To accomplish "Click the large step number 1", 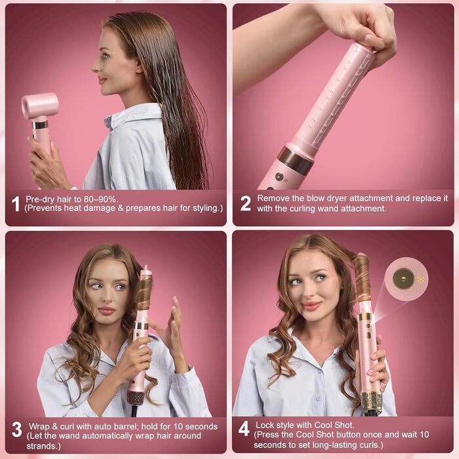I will pyautogui.click(x=16, y=204).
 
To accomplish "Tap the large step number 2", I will pyautogui.click(x=245, y=203).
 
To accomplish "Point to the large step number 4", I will pyautogui.click(x=244, y=429).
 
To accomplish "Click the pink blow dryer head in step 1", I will pyautogui.click(x=40, y=106).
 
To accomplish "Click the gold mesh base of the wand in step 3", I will pyautogui.click(x=136, y=397).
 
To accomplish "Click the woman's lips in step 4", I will pyautogui.click(x=311, y=306).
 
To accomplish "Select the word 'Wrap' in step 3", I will pyautogui.click(x=39, y=426).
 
